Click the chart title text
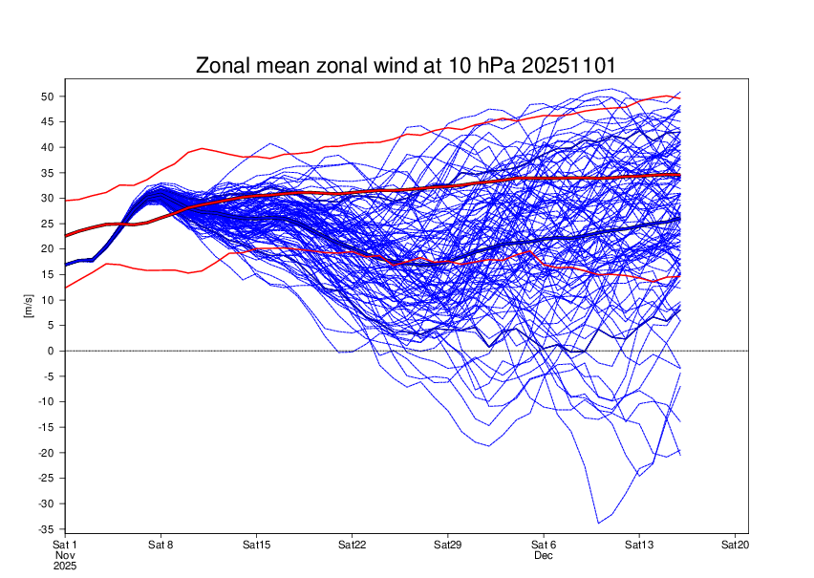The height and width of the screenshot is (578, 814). coord(406,66)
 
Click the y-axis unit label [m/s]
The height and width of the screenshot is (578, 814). coord(29,305)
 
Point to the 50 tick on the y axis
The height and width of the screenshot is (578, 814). coord(46,96)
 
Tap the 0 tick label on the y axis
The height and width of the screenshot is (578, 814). coord(49,351)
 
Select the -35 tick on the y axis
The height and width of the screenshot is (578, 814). coord(44,528)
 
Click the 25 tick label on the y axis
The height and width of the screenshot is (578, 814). coord(46,224)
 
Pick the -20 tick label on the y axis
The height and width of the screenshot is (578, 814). coord(44,452)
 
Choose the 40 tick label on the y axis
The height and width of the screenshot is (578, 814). coord(46,147)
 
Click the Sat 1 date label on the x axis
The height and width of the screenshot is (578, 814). coord(64,545)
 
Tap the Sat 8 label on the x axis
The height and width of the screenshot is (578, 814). coord(161,545)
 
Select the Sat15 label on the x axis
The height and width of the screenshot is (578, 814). coord(256,545)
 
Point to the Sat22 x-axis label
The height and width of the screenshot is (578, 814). coord(353,545)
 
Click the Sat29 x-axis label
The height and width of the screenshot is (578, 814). coord(448,545)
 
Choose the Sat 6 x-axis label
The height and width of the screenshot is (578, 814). coord(544,545)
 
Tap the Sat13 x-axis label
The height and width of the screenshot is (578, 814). coord(639,545)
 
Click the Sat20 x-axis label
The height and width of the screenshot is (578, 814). coord(735,545)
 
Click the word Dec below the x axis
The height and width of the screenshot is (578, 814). coord(544,555)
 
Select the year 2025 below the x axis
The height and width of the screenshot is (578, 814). coord(64,566)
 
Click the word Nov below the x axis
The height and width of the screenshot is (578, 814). coord(64,555)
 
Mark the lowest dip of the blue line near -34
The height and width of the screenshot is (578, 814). coord(599,523)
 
